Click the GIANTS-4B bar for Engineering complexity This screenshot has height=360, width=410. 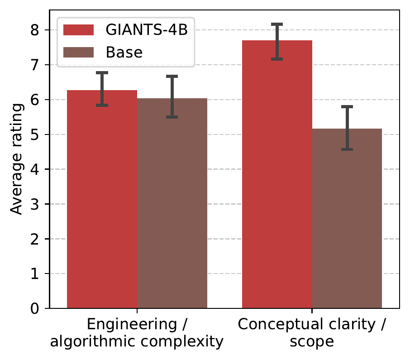[x=102, y=204]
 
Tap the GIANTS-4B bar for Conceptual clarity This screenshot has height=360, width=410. [x=277, y=181]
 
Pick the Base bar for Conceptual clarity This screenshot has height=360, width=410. [x=347, y=222]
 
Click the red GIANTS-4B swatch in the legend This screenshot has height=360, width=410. [x=78, y=30]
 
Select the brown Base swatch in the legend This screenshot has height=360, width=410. [x=78, y=53]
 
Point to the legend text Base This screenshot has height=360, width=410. [x=124, y=53]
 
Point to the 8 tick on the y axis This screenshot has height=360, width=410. [x=41, y=30]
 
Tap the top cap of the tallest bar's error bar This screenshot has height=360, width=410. [x=277, y=24]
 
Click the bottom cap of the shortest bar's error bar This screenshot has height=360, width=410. [x=347, y=149]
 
